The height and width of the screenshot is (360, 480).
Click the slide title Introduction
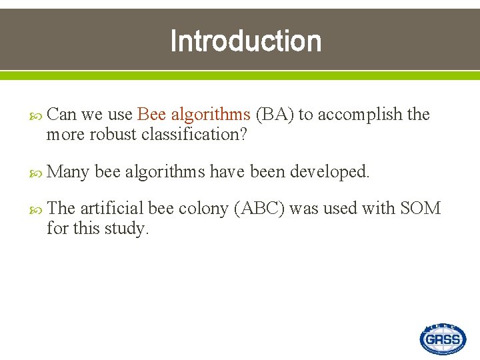[x=245, y=41]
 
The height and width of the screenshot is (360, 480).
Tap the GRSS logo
[x=443, y=339]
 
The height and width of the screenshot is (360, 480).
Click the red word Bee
[x=151, y=115]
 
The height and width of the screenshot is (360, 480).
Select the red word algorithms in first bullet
[x=210, y=115]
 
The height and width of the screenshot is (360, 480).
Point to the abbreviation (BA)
[x=275, y=115]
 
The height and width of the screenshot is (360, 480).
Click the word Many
[x=69, y=172]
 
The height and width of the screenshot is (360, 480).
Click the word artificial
[x=111, y=209]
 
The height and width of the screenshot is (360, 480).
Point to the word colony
[x=203, y=209]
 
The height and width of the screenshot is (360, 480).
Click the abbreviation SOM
[x=420, y=209]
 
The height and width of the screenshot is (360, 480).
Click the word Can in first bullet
[x=63, y=115]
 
